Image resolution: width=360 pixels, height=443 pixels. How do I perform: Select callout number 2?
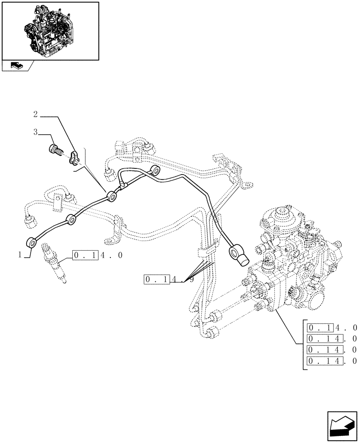[35, 115]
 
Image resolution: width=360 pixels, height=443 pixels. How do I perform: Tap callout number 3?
[35, 132]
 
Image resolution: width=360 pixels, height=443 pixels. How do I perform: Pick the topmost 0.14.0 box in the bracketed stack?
[332, 328]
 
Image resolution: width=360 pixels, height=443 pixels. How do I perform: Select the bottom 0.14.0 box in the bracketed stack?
[332, 361]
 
